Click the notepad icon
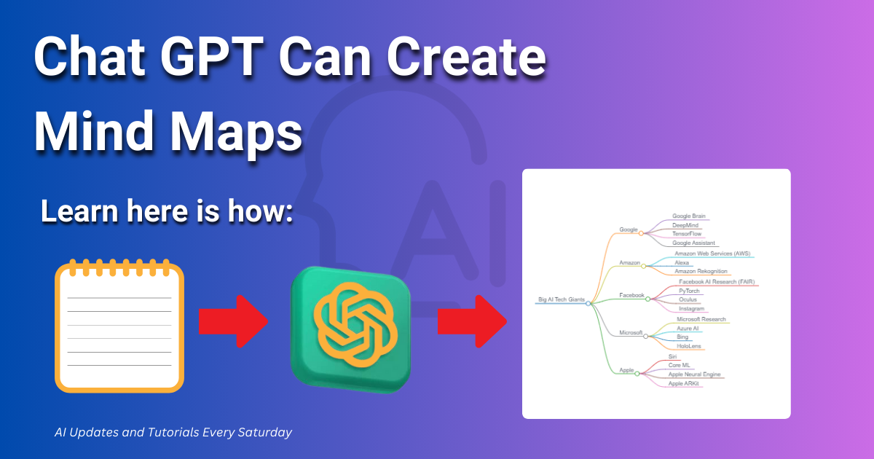pos(119,326)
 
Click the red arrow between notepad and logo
pos(234,322)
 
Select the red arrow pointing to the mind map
pos(472,323)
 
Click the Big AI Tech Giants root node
pos(561,299)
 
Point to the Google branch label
pos(628,229)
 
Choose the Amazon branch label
pos(629,262)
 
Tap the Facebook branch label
pos(631,295)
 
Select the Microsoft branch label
pos(631,332)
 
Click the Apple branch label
pos(626,370)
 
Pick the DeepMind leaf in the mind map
pos(685,226)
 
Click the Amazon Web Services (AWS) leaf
pos(712,254)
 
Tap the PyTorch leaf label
pos(689,291)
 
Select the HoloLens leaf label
pos(689,346)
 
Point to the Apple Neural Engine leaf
pos(694,374)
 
